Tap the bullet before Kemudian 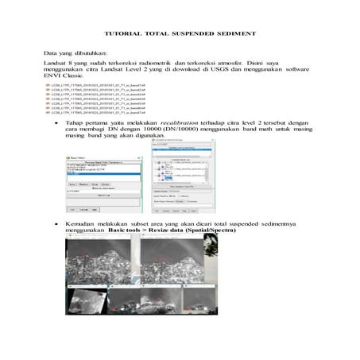click(56, 224)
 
